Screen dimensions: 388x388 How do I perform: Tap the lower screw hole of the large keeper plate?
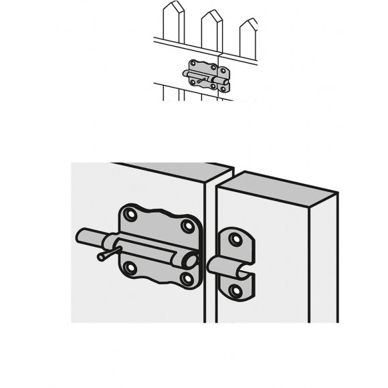tap(234, 290)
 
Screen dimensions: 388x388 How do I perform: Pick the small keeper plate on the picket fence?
tap(225, 83)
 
